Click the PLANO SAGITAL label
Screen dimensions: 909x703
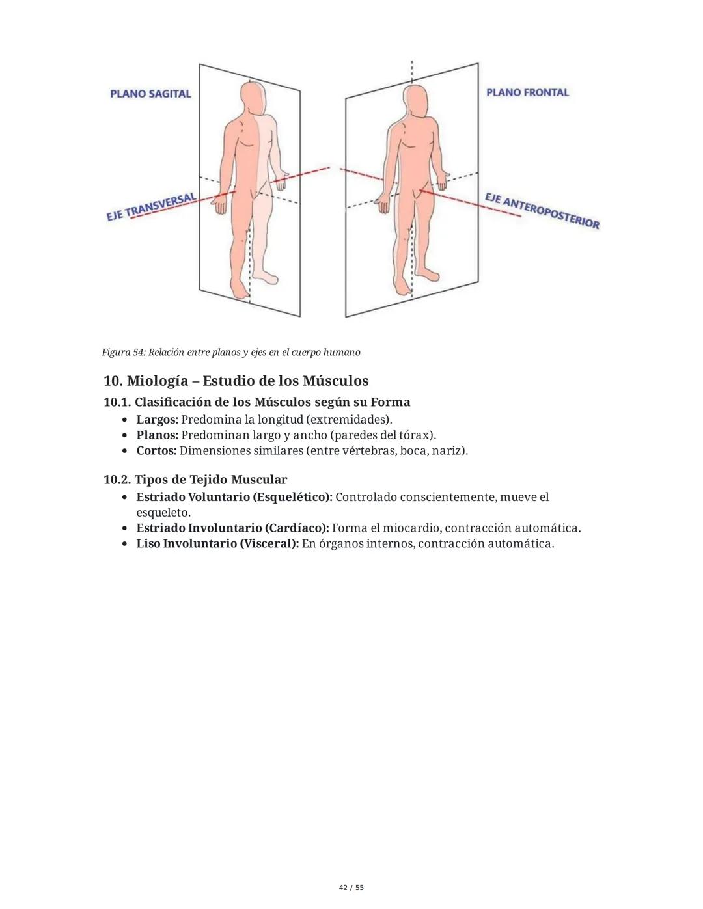pyautogui.click(x=150, y=94)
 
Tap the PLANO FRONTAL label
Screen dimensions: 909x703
pyautogui.click(x=527, y=92)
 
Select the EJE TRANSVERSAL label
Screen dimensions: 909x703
pyautogui.click(x=152, y=206)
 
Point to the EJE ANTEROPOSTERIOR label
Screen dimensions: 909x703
pyautogui.click(x=542, y=210)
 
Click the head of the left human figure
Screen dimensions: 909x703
pyautogui.click(x=253, y=98)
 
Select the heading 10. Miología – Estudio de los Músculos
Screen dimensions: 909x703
pyautogui.click(x=236, y=381)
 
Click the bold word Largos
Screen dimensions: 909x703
pyautogui.click(x=156, y=419)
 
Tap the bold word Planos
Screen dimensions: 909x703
pyautogui.click(x=156, y=435)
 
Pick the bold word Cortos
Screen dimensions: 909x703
pyautogui.click(x=156, y=450)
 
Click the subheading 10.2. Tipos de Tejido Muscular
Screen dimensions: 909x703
pyautogui.click(x=195, y=480)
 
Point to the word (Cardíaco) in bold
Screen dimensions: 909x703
pyautogui.click(x=296, y=528)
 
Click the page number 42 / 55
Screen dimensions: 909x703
pyautogui.click(x=351, y=888)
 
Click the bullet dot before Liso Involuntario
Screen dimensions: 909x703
pyautogui.click(x=124, y=544)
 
